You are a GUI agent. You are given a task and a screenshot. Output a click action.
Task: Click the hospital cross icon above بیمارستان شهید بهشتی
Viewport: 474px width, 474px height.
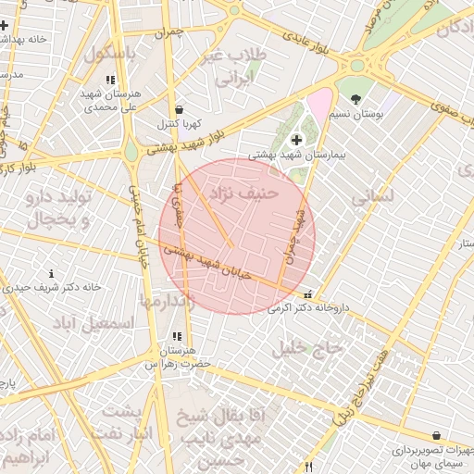296,141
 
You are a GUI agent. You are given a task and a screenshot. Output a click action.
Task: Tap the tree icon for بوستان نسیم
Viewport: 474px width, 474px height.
356,98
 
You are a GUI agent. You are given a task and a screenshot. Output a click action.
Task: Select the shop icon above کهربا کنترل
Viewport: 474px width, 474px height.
178,108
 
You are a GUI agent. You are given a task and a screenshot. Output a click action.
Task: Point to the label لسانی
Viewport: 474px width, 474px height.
374,197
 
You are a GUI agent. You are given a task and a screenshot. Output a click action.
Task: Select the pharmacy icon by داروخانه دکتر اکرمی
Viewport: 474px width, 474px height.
308,293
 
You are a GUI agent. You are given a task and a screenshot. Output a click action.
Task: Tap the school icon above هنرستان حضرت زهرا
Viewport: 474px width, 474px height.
175,336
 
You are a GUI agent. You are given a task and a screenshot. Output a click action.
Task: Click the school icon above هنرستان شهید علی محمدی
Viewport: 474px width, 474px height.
111,80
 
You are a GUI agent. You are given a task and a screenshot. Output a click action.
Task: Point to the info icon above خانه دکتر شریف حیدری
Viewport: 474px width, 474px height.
51,273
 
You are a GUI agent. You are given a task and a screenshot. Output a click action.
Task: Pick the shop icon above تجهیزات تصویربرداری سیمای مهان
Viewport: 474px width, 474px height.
436,435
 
